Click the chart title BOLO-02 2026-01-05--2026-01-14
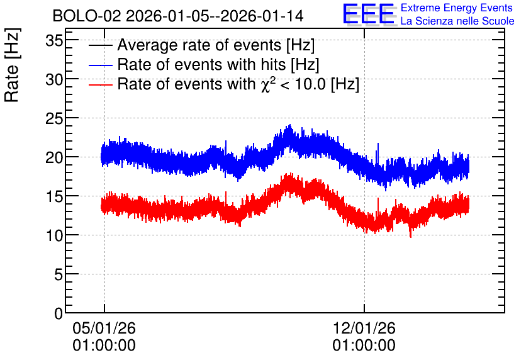click(178, 16)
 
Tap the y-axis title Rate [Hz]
click(12, 65)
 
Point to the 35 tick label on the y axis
click(54, 41)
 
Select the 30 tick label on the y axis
click(54, 80)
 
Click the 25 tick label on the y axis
click(54, 119)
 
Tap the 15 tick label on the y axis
click(54, 196)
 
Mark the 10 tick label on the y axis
click(54, 236)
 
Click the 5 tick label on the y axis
click(59, 275)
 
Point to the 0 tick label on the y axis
click(59, 313)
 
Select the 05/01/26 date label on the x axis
click(104, 328)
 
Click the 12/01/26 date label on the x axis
click(364, 328)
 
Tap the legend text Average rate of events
click(199, 45)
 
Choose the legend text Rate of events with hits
click(201, 64)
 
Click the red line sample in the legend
click(100, 84)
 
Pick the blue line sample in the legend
click(100, 65)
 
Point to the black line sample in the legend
click(100, 45)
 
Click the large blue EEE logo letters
click(368, 14)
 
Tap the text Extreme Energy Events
click(457, 8)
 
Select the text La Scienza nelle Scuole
click(457, 21)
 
